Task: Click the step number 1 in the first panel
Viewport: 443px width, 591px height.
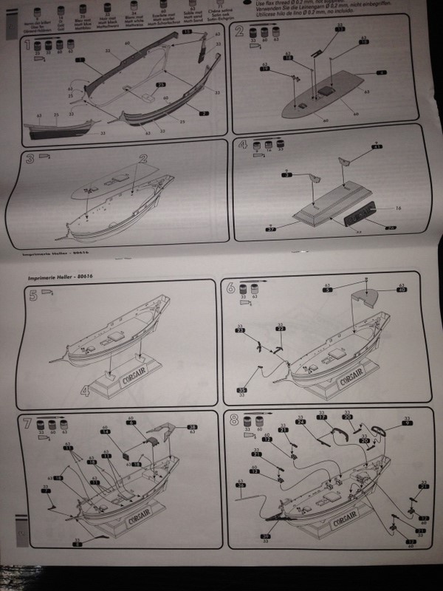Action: point(27,47)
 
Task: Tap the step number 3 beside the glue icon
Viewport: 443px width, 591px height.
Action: point(30,160)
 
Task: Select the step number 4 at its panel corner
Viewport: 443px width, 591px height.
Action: point(241,145)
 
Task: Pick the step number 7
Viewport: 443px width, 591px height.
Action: point(27,425)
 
